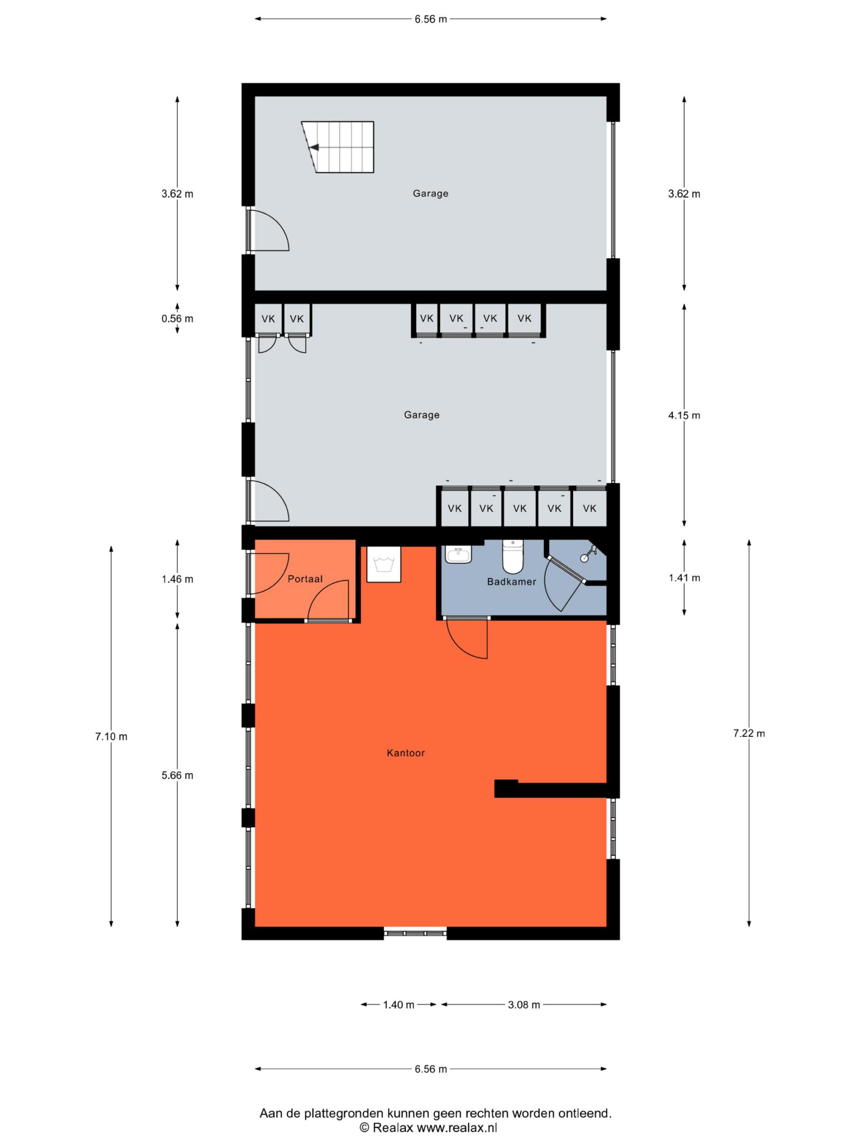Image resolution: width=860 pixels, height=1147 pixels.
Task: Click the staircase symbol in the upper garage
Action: tap(337, 147)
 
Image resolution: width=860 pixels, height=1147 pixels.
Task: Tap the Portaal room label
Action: tap(305, 579)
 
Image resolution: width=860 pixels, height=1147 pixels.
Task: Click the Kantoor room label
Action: tap(405, 752)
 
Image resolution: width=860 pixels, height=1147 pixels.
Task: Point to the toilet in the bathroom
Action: tap(513, 556)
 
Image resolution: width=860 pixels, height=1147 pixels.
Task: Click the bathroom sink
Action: tap(458, 555)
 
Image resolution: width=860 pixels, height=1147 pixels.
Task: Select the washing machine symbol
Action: tap(383, 564)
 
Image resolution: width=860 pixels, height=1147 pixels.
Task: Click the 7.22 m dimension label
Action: tap(748, 733)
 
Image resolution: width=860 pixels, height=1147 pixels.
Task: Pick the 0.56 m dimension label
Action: tap(177, 319)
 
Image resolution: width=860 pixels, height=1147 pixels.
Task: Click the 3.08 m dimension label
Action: tap(524, 1005)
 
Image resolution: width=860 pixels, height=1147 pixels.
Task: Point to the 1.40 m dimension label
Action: tap(399, 1005)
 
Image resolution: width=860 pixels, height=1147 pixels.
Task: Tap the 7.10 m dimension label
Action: tap(111, 736)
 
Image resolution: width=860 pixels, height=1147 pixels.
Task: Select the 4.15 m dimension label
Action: tap(684, 415)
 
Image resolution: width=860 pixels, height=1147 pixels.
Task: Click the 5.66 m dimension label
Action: tap(177, 775)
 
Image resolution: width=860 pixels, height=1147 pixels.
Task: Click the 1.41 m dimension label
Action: tap(684, 578)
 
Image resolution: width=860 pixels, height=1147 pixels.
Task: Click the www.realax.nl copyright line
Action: tap(428, 1127)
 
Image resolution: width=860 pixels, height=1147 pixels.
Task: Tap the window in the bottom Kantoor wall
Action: tap(415, 933)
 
